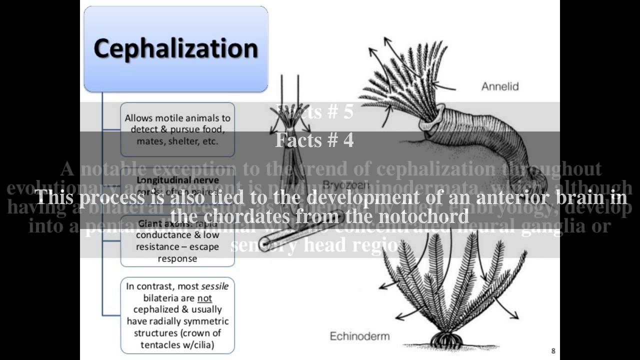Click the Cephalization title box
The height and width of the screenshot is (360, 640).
tap(175, 49)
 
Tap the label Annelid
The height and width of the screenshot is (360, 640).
tap(499, 86)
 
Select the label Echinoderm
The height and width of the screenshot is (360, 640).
tap(359, 335)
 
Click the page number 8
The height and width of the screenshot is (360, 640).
tap(553, 351)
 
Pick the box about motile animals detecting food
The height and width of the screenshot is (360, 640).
tap(177, 129)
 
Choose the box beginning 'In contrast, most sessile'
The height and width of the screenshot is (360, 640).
tap(177, 315)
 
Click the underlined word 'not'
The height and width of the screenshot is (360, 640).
tap(204, 298)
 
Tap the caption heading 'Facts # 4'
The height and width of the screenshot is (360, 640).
tap(314, 140)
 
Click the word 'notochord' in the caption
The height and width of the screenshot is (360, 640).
tap(426, 216)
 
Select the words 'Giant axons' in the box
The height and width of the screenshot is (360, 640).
tap(160, 223)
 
